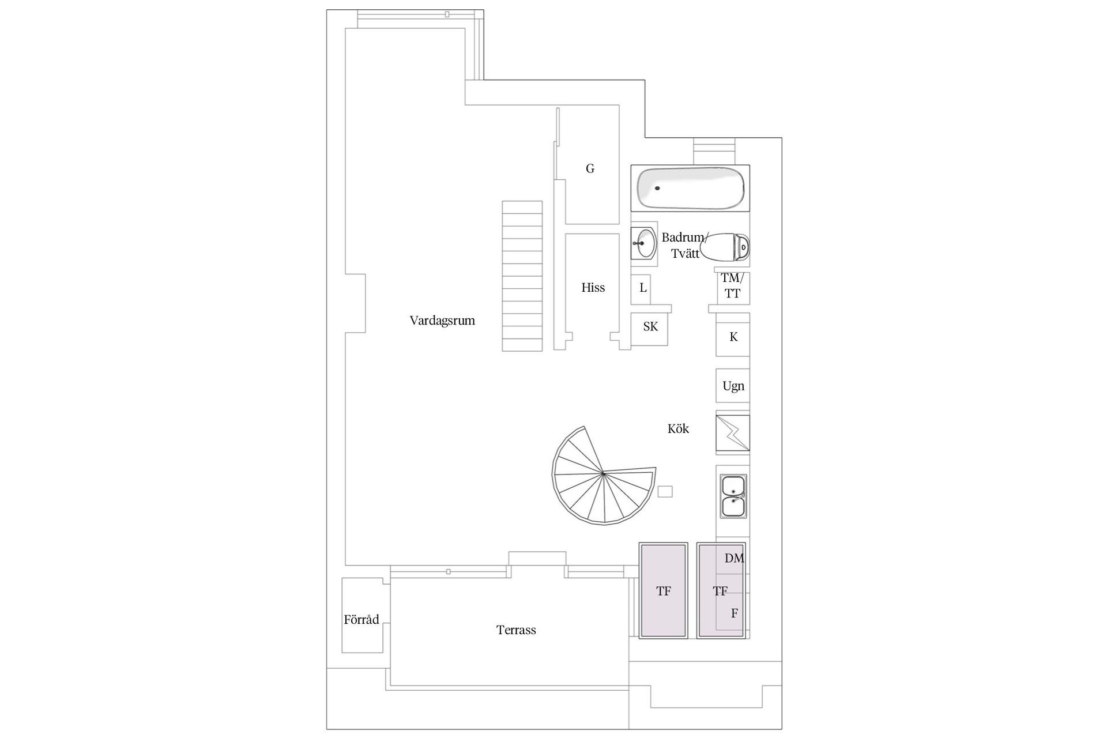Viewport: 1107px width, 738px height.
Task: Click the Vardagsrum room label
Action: point(442,321)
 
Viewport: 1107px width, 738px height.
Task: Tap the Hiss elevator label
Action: point(593,288)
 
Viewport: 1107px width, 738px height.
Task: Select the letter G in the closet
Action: point(590,168)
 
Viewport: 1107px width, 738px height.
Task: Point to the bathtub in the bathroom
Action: point(690,188)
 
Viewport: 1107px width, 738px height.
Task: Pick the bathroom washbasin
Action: point(643,244)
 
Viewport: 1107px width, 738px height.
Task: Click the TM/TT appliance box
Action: point(733,287)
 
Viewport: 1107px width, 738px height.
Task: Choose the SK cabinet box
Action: point(650,327)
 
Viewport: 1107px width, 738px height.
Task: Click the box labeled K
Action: point(733,337)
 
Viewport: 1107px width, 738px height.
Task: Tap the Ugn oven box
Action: point(733,386)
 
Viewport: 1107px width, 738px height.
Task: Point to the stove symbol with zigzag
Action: point(733,433)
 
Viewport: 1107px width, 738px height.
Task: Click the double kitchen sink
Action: point(733,496)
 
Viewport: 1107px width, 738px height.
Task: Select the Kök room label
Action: point(678,429)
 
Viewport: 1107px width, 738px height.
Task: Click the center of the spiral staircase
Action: point(603,473)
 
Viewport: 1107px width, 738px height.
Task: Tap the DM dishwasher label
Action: point(734,558)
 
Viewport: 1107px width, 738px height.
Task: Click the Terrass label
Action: point(516,630)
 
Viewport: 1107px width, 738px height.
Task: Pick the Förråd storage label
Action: point(362,620)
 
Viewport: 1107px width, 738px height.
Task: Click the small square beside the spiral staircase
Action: point(665,491)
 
